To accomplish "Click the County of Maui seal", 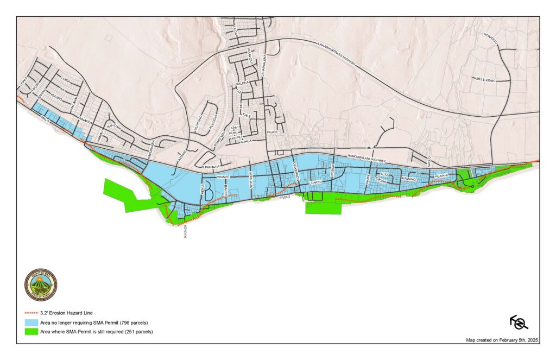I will pyautogui.click(x=41, y=285).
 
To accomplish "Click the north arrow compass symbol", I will pyautogui.click(x=519, y=323).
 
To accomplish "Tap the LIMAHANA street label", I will pyautogui.click(x=211, y=167).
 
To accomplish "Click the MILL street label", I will pyautogui.click(x=370, y=148).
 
